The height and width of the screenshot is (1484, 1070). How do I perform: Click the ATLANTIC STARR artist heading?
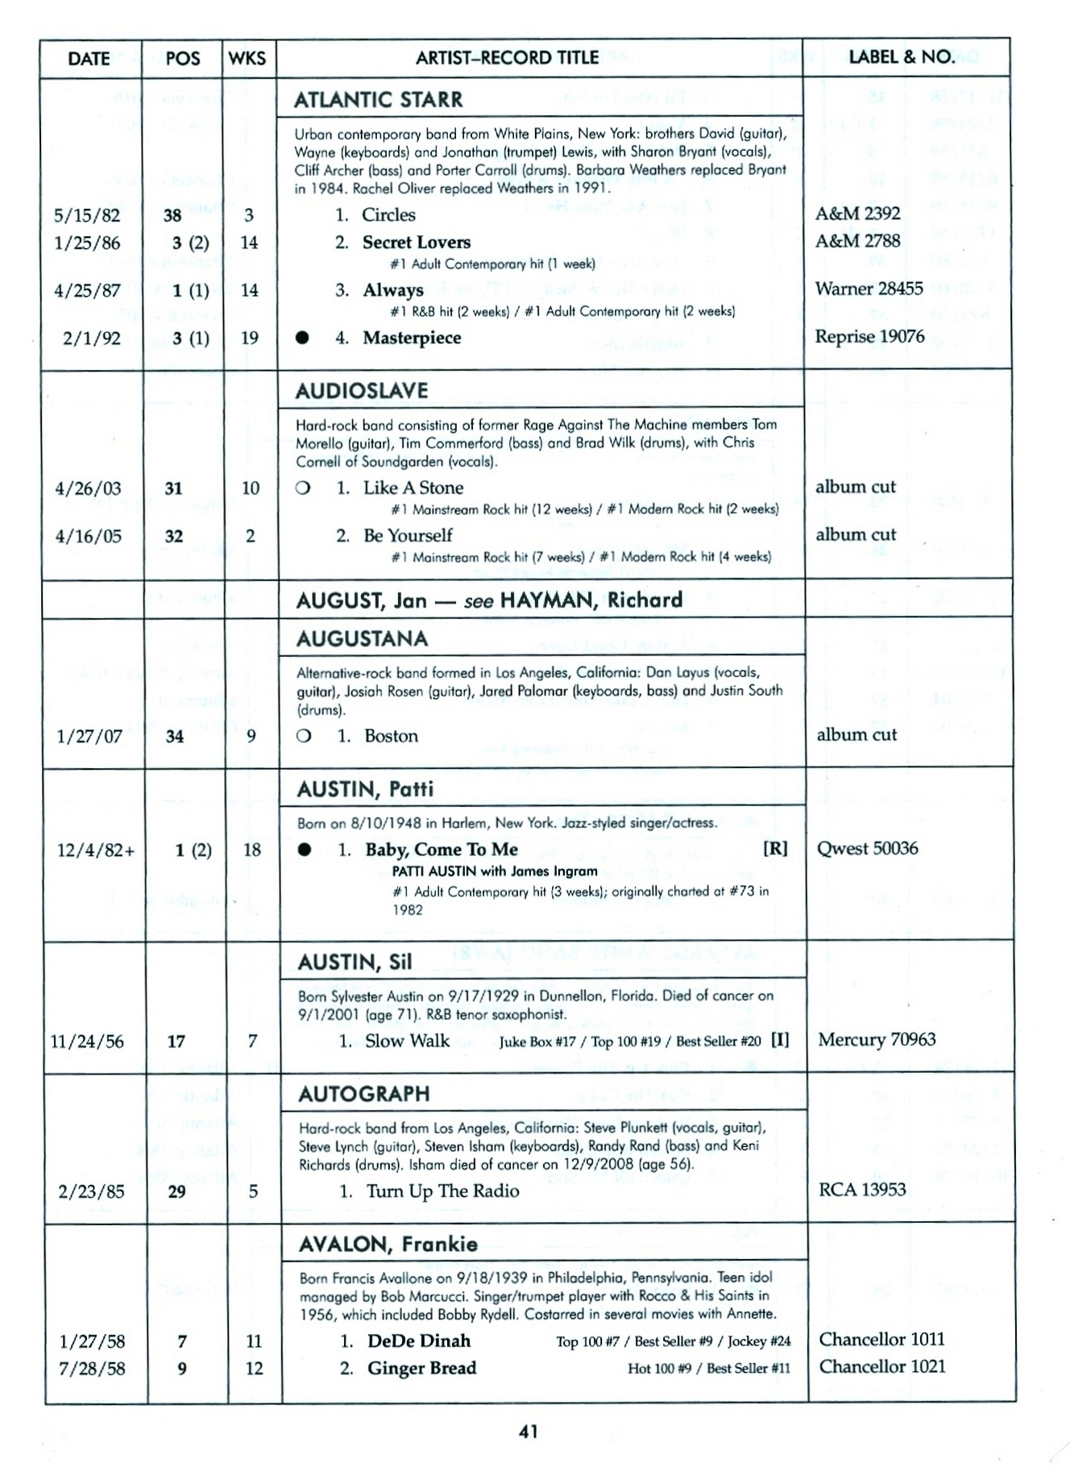point(379,100)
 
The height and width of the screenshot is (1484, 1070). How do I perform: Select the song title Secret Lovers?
point(416,242)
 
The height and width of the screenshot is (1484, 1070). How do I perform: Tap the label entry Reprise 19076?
point(869,336)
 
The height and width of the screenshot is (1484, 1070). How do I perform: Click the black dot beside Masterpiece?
point(302,338)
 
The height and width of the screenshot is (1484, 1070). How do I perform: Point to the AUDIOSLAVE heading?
point(362,391)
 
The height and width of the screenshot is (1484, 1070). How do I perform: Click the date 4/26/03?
point(88,488)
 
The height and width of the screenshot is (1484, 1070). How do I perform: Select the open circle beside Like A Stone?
point(303,488)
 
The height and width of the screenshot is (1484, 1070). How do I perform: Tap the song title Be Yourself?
point(408,535)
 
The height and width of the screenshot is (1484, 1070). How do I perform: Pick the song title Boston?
point(391,735)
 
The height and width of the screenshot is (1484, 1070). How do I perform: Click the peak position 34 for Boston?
point(174,736)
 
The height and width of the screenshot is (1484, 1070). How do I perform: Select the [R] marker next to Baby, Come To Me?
point(775,848)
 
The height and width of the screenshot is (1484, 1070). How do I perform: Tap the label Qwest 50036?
point(867,848)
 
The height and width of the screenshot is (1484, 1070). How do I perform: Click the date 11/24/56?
point(87,1041)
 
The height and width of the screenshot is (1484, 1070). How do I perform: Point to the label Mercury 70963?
point(877,1040)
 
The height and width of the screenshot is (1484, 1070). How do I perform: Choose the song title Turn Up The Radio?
point(442,1191)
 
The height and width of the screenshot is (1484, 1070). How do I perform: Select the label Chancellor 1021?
point(882,1366)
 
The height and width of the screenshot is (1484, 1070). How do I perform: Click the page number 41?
point(529,1432)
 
